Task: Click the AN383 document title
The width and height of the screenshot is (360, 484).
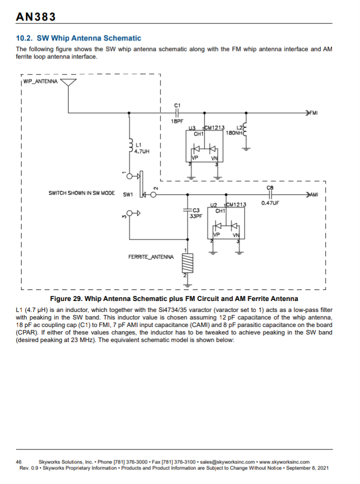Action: pyautogui.click(x=35, y=16)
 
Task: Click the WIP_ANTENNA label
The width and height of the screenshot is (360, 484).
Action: pyautogui.click(x=40, y=81)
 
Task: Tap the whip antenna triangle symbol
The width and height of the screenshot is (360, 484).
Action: pyautogui.click(x=68, y=82)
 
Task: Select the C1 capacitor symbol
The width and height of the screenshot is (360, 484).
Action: pyautogui.click(x=177, y=112)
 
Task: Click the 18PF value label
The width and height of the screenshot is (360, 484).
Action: pyautogui.click(x=177, y=121)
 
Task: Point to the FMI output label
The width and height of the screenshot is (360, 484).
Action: pyautogui.click(x=313, y=112)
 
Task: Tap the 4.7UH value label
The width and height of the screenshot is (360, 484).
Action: pyautogui.click(x=141, y=151)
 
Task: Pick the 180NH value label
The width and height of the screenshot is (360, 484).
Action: pyautogui.click(x=234, y=132)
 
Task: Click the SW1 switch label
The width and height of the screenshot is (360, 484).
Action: pyautogui.click(x=128, y=195)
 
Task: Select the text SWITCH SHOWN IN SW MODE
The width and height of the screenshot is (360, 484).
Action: pyautogui.click(x=81, y=193)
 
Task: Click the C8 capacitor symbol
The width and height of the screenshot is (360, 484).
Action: pyautogui.click(x=270, y=195)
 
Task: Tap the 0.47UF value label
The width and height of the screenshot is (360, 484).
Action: pyautogui.click(x=270, y=203)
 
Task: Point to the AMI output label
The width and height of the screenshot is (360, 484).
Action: pyautogui.click(x=314, y=195)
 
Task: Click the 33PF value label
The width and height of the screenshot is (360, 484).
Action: pyautogui.click(x=195, y=216)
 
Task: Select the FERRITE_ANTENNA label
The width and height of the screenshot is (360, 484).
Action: pyautogui.click(x=151, y=257)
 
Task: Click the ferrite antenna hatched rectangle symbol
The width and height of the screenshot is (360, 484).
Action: pyautogui.click(x=187, y=263)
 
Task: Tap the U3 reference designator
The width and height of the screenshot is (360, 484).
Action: pyautogui.click(x=192, y=127)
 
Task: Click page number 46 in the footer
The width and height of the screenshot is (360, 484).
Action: pyautogui.click(x=18, y=462)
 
